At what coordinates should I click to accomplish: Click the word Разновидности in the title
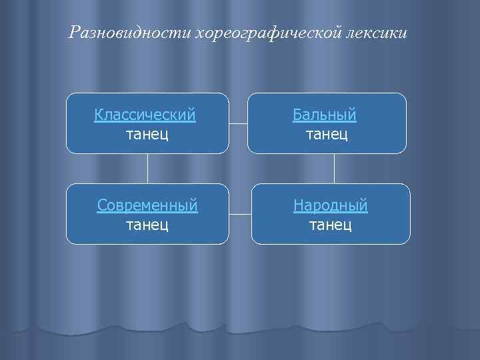pos(129,32)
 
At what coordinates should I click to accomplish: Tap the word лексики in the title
pos(376,32)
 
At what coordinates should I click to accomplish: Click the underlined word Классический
pos(145,115)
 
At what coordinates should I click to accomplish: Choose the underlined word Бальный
pos(325,115)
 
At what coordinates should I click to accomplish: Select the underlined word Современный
pos(147,205)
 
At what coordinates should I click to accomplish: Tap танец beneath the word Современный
pos(147,225)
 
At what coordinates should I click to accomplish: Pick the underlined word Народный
pos(331,205)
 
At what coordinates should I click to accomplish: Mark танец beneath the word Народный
pos(331,225)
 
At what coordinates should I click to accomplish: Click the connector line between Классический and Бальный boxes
pos(238,123)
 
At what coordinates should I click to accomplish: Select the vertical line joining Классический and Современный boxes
pos(147,169)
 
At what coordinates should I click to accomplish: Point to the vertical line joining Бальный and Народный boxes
pos(334,169)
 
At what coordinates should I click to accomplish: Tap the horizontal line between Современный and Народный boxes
pos(240,214)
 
